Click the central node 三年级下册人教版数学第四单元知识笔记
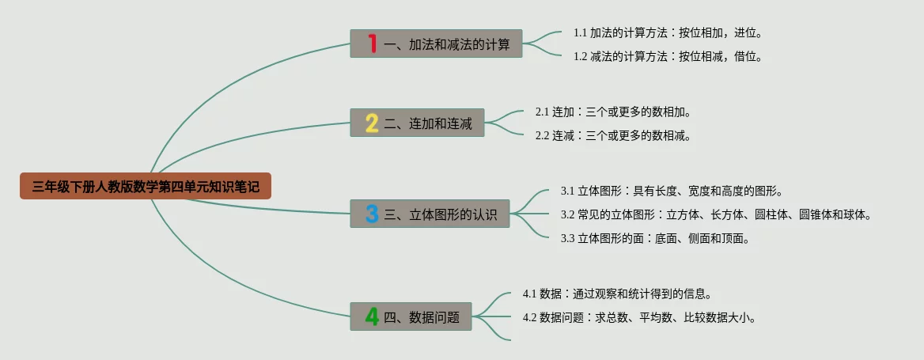coord(146,186)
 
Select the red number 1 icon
coord(373,44)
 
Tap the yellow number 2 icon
coord(372,123)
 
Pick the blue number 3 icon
coord(372,214)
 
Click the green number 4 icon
coord(372,316)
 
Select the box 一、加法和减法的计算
coord(436,44)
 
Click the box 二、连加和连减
coord(417,123)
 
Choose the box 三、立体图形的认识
coord(430,214)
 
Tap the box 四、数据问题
coord(411,316)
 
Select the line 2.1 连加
coord(613,112)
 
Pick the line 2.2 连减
coord(613,135)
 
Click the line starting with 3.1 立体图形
coord(672,191)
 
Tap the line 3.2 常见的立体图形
coord(716,214)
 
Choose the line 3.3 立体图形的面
coord(655,239)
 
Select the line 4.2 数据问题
coord(639,317)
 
